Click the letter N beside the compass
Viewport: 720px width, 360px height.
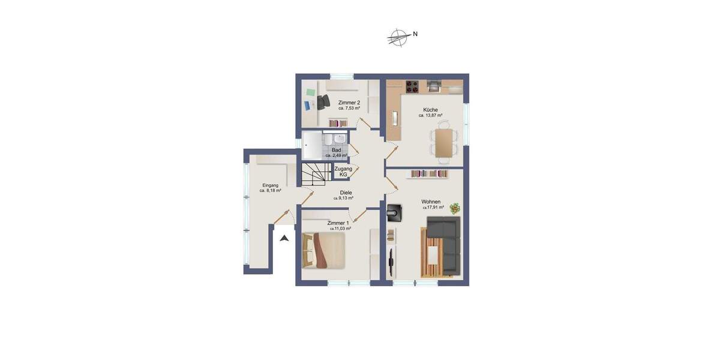pos(415,34)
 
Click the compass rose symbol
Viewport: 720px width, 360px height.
pos(398,37)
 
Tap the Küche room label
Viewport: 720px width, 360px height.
pos(430,110)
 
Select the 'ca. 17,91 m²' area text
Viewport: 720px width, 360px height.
pos(433,208)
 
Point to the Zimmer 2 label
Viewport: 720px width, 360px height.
pos(349,103)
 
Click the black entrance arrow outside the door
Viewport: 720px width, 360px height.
pos(284,238)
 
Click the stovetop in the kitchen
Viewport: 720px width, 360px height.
pos(412,86)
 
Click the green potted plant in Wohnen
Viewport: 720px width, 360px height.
pos(455,208)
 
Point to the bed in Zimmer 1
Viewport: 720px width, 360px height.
pos(324,250)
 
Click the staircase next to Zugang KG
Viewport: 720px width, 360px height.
pos(314,173)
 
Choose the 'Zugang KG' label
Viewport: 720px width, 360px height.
pos(343,172)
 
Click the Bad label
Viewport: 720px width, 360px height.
pos(336,150)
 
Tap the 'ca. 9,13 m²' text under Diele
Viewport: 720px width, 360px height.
pos(343,198)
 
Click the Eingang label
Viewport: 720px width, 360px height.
pos(270,185)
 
